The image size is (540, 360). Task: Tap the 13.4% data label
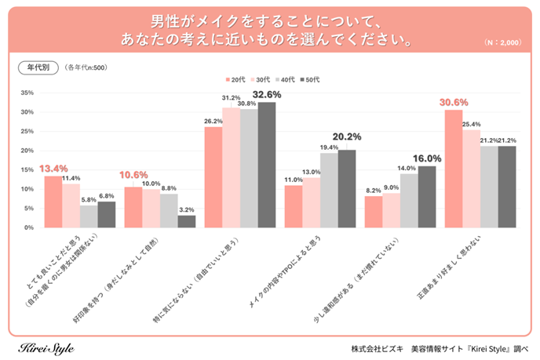click(x=53, y=169)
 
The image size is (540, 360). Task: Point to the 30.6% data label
click(x=454, y=102)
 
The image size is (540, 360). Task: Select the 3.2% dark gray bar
click(x=187, y=221)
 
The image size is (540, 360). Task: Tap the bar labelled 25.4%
click(x=472, y=179)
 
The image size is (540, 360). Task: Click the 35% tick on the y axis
click(x=27, y=93)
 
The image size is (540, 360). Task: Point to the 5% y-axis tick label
click(x=28, y=209)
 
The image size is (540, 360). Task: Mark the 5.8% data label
click(x=89, y=199)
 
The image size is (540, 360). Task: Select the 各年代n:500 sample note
click(x=86, y=68)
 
